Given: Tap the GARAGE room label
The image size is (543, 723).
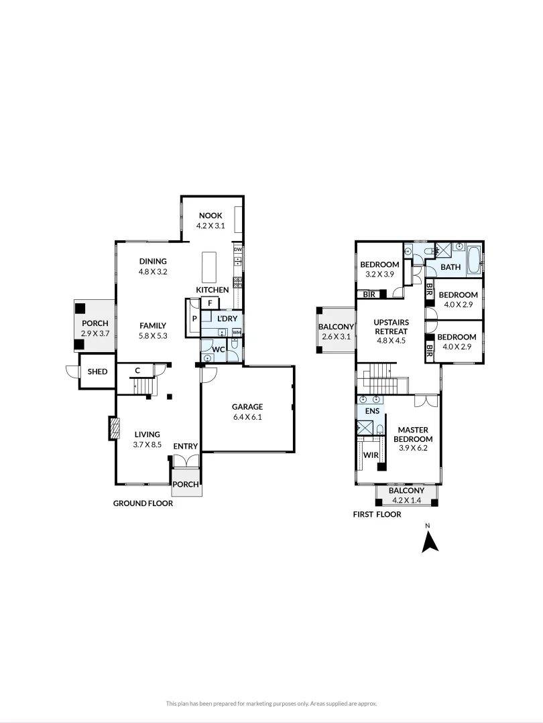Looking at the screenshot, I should [x=247, y=406].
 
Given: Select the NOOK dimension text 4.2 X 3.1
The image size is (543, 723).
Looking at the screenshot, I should [x=210, y=226].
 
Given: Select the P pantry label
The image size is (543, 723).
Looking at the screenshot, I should [x=194, y=319].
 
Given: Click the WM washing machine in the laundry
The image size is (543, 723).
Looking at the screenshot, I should [x=236, y=332].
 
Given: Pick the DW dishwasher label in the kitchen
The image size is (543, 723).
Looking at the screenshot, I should [x=237, y=250].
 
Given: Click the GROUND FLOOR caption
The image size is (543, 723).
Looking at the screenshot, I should [x=143, y=503].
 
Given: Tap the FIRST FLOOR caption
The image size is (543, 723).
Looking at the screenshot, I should [x=377, y=515].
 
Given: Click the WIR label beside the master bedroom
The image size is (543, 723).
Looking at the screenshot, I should [x=370, y=455].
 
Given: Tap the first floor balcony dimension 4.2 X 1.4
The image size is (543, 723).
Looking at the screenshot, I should [x=406, y=499].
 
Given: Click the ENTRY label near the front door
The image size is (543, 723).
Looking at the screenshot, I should [x=185, y=447].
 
